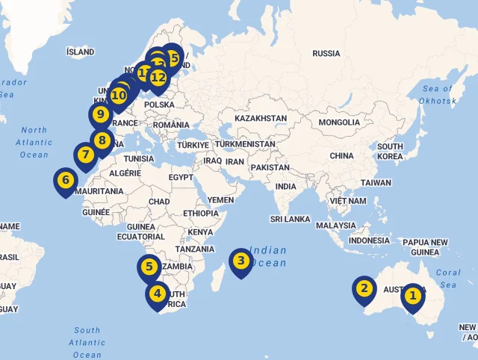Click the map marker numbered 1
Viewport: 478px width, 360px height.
click(x=412, y=297)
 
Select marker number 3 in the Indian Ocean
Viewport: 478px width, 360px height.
click(x=240, y=261)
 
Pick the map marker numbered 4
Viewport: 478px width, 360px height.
click(x=157, y=294)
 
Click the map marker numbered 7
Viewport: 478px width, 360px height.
click(x=85, y=155)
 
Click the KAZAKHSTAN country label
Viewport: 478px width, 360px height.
click(x=260, y=119)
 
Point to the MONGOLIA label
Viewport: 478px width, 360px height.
click(x=339, y=122)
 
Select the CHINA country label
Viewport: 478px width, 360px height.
click(x=341, y=156)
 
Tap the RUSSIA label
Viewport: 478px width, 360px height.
click(x=326, y=54)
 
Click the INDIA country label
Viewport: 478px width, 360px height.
click(x=285, y=187)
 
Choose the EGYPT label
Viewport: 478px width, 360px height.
click(x=180, y=178)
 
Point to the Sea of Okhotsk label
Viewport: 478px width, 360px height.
click(x=438, y=95)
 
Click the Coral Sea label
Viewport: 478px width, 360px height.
click(x=448, y=279)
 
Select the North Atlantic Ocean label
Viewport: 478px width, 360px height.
click(x=34, y=142)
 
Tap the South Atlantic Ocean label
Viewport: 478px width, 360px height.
click(x=87, y=342)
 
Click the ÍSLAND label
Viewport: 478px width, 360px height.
click(x=81, y=52)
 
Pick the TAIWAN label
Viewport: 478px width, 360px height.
click(x=376, y=183)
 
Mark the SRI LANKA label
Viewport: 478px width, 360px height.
click(x=290, y=220)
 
